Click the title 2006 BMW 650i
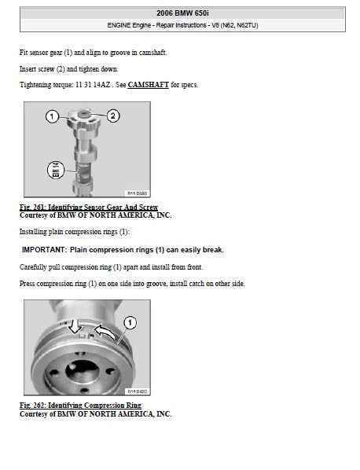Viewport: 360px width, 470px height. click(x=182, y=13)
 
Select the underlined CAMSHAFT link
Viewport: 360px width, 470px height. click(x=148, y=85)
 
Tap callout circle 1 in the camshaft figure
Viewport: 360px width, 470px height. click(x=52, y=116)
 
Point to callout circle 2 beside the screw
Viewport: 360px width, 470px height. click(x=113, y=116)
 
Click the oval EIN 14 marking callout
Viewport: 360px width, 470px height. click(x=56, y=170)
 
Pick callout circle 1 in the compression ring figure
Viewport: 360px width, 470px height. click(x=130, y=323)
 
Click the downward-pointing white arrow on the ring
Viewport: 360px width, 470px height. click(x=74, y=326)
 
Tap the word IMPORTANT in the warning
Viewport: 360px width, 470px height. click(x=44, y=250)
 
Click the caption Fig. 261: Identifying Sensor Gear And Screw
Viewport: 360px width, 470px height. click(x=89, y=207)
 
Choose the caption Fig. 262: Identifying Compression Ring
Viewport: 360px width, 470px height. click(x=81, y=406)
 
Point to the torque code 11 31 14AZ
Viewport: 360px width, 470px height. click(x=93, y=85)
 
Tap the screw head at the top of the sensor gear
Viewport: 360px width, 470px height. click(x=83, y=114)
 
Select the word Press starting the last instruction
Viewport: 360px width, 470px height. click(x=28, y=283)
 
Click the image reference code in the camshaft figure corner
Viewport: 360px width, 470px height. click(x=138, y=193)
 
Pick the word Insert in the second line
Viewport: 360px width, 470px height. click(x=28, y=69)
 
